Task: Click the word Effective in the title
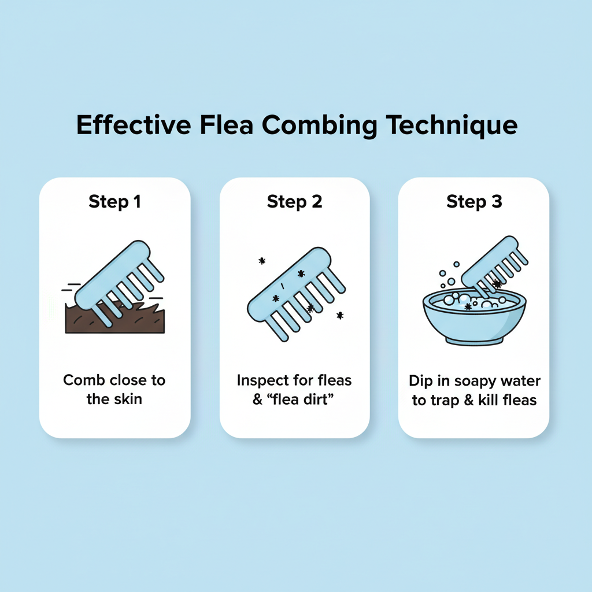(134, 125)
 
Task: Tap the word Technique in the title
(452, 125)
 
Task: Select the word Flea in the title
(227, 125)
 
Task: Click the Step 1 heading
(115, 202)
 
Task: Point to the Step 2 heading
(294, 202)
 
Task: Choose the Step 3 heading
(474, 202)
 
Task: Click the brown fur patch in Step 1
(115, 319)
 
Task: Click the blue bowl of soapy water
(474, 317)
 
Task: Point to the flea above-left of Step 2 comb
(262, 261)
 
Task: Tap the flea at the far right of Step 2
(340, 315)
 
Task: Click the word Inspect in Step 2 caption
(262, 381)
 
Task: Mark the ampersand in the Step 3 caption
(468, 400)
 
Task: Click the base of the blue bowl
(474, 341)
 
